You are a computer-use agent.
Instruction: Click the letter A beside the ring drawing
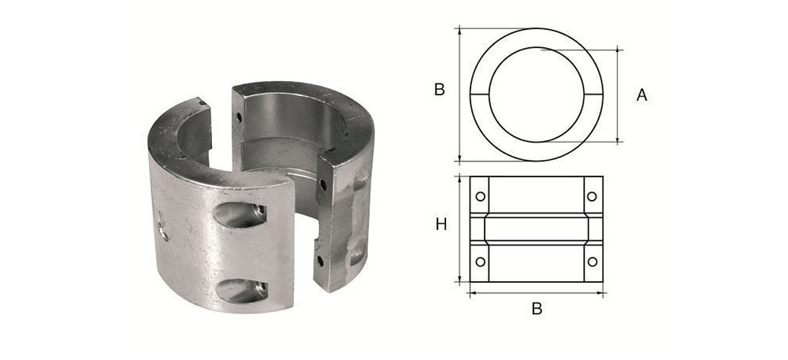tap(641, 95)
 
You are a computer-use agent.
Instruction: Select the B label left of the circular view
tap(440, 90)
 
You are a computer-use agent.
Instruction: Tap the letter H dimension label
tap(441, 225)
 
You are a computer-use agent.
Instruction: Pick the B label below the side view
tap(537, 309)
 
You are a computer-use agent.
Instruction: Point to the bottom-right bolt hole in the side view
tap(591, 261)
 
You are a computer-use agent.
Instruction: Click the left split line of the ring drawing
tap(480, 95)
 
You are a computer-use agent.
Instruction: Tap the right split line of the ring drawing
tap(593, 95)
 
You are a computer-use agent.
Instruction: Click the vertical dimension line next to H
tap(459, 228)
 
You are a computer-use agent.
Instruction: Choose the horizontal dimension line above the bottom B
tap(537, 293)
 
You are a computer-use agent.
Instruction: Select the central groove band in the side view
tap(537, 228)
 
